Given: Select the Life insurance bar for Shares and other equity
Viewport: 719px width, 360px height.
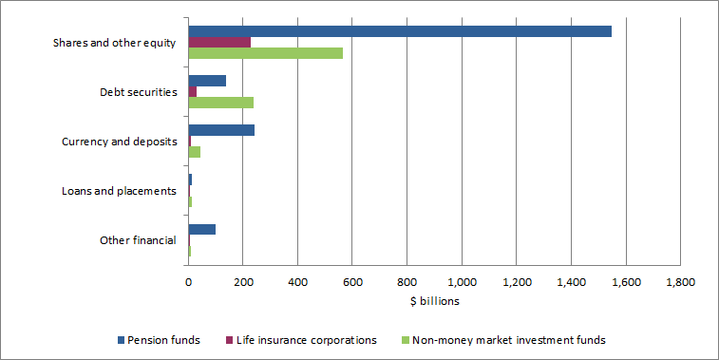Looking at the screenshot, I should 219,42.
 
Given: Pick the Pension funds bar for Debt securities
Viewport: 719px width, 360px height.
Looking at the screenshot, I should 207,81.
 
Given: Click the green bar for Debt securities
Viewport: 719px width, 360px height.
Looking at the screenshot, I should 220,103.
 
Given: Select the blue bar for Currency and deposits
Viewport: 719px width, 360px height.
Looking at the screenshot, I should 221,130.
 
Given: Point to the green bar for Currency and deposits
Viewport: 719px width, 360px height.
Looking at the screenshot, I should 194,152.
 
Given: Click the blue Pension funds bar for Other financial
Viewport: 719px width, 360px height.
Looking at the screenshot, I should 201,229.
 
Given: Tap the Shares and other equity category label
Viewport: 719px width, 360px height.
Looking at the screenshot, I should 116,43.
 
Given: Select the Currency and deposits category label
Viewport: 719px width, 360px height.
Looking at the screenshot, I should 119,142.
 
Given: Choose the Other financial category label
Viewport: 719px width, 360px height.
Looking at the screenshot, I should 138,240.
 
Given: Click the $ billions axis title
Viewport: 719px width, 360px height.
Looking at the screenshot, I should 434,301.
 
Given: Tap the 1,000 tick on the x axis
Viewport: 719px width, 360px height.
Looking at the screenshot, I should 462,282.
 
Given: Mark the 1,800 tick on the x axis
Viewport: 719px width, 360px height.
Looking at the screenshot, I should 680,282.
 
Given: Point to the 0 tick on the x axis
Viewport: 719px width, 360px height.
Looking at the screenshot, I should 188,282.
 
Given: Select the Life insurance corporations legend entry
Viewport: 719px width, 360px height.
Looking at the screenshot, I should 304,339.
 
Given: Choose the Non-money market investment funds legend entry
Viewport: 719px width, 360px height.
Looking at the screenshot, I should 503,339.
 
